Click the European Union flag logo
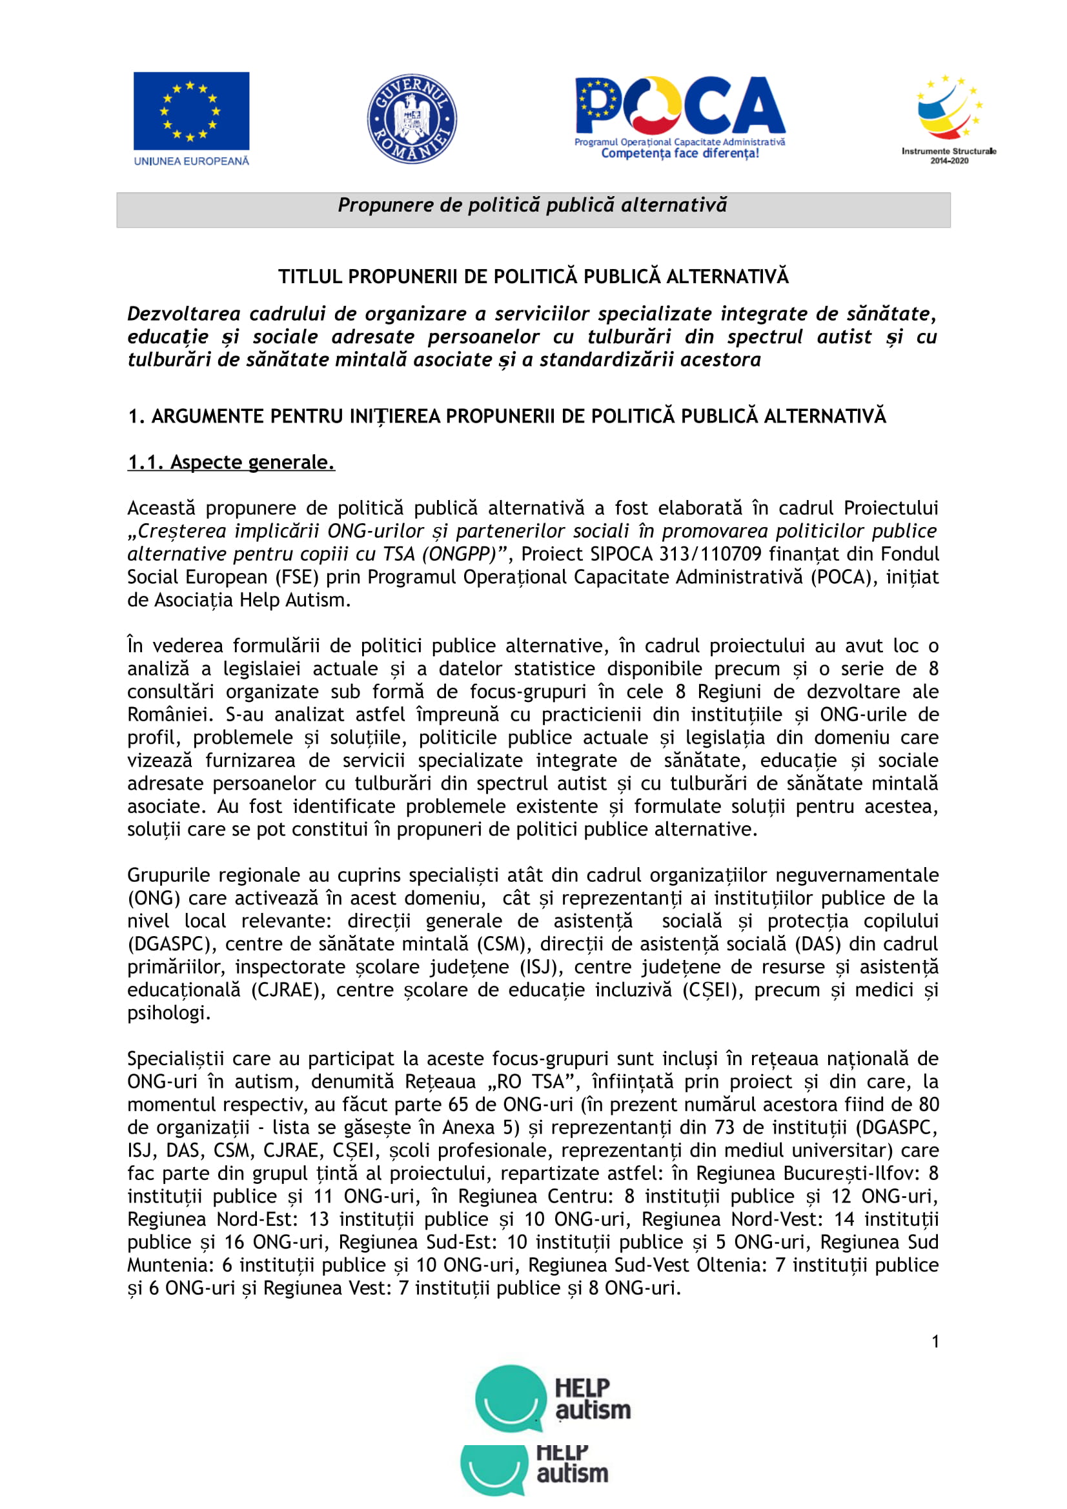(x=191, y=111)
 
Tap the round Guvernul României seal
(x=412, y=118)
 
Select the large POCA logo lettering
(x=680, y=106)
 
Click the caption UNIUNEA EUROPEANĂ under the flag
(x=191, y=161)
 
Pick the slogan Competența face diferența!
(x=680, y=154)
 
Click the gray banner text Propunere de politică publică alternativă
(x=533, y=206)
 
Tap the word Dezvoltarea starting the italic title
(x=183, y=314)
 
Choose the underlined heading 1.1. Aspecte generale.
(x=232, y=463)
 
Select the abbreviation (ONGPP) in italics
(x=459, y=554)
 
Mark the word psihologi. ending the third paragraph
(x=169, y=1013)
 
